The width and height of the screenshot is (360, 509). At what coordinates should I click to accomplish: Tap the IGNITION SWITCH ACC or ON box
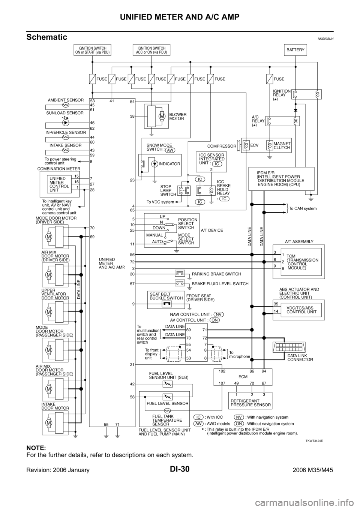click(x=151, y=50)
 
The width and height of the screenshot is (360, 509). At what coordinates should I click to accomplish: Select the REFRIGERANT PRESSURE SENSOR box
click(x=250, y=400)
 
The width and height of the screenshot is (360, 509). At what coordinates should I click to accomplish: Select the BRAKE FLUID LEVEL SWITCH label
click(x=220, y=284)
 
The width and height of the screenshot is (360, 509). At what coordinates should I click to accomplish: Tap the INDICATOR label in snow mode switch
click(x=169, y=164)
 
